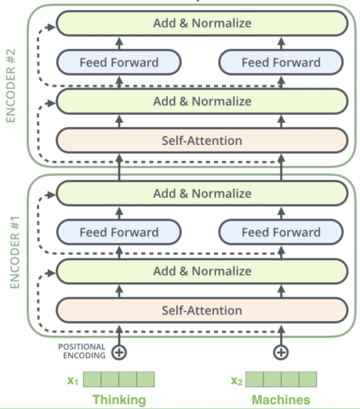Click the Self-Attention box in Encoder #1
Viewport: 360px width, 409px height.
202,311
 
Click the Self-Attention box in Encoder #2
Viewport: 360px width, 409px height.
202,140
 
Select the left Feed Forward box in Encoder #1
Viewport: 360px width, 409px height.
119,233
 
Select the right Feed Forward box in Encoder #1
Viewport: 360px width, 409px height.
281,233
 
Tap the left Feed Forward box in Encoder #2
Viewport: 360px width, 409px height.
119,63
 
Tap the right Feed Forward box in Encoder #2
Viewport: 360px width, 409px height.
281,63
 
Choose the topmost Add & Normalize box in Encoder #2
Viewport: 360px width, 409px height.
202,23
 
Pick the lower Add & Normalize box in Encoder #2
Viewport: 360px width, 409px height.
202,101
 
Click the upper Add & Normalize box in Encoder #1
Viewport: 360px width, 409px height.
202,194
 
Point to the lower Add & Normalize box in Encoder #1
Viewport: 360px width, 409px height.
202,271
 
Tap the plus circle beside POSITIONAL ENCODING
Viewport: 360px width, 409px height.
120,352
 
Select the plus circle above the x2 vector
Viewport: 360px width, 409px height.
281,352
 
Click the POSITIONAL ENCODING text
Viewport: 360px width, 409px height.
82,351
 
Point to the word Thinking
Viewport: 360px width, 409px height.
119,400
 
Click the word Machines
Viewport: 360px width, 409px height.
281,400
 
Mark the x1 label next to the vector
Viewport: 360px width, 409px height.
73,380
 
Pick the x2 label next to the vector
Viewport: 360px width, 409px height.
237,380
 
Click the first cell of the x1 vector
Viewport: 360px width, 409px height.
92,379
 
